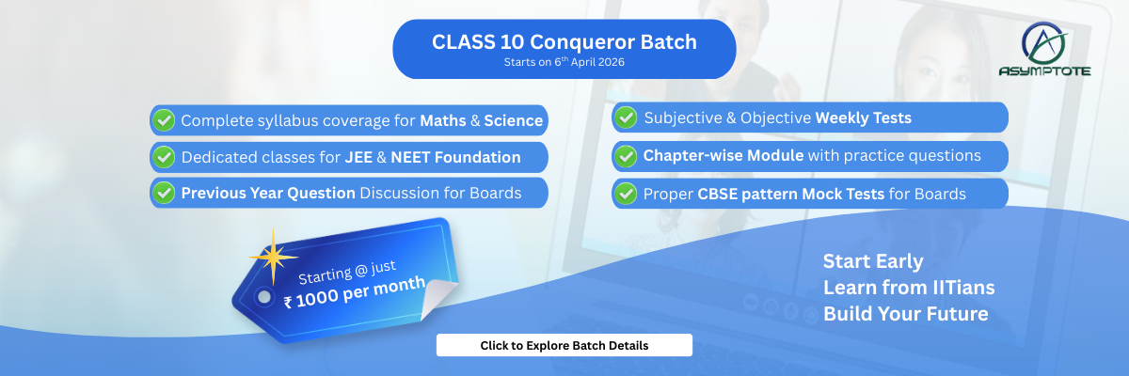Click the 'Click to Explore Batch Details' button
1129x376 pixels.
tap(564, 345)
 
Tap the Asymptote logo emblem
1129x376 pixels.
tap(1044, 44)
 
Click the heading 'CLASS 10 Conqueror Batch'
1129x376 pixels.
tap(564, 41)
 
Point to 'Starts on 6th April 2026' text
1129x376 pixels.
tap(564, 62)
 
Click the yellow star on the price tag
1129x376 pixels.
tap(273, 257)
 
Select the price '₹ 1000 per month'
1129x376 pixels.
tap(355, 292)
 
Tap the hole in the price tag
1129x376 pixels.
tap(264, 297)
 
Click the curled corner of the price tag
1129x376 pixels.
tap(438, 298)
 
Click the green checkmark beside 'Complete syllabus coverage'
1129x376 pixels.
tap(164, 120)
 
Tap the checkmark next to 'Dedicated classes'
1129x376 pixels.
tap(164, 157)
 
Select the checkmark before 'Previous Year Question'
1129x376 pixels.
tap(164, 193)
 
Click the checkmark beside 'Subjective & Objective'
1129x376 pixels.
tap(626, 117)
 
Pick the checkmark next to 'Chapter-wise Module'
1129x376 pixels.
tap(626, 156)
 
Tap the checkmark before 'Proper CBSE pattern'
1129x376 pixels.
tap(626, 194)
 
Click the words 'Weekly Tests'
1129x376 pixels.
tap(864, 117)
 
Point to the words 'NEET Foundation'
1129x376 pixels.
tap(455, 157)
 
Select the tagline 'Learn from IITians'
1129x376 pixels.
tap(909, 288)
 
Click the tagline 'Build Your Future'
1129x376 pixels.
tap(906, 314)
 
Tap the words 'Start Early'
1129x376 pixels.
tap(873, 261)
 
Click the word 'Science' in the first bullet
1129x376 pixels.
tap(513, 121)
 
